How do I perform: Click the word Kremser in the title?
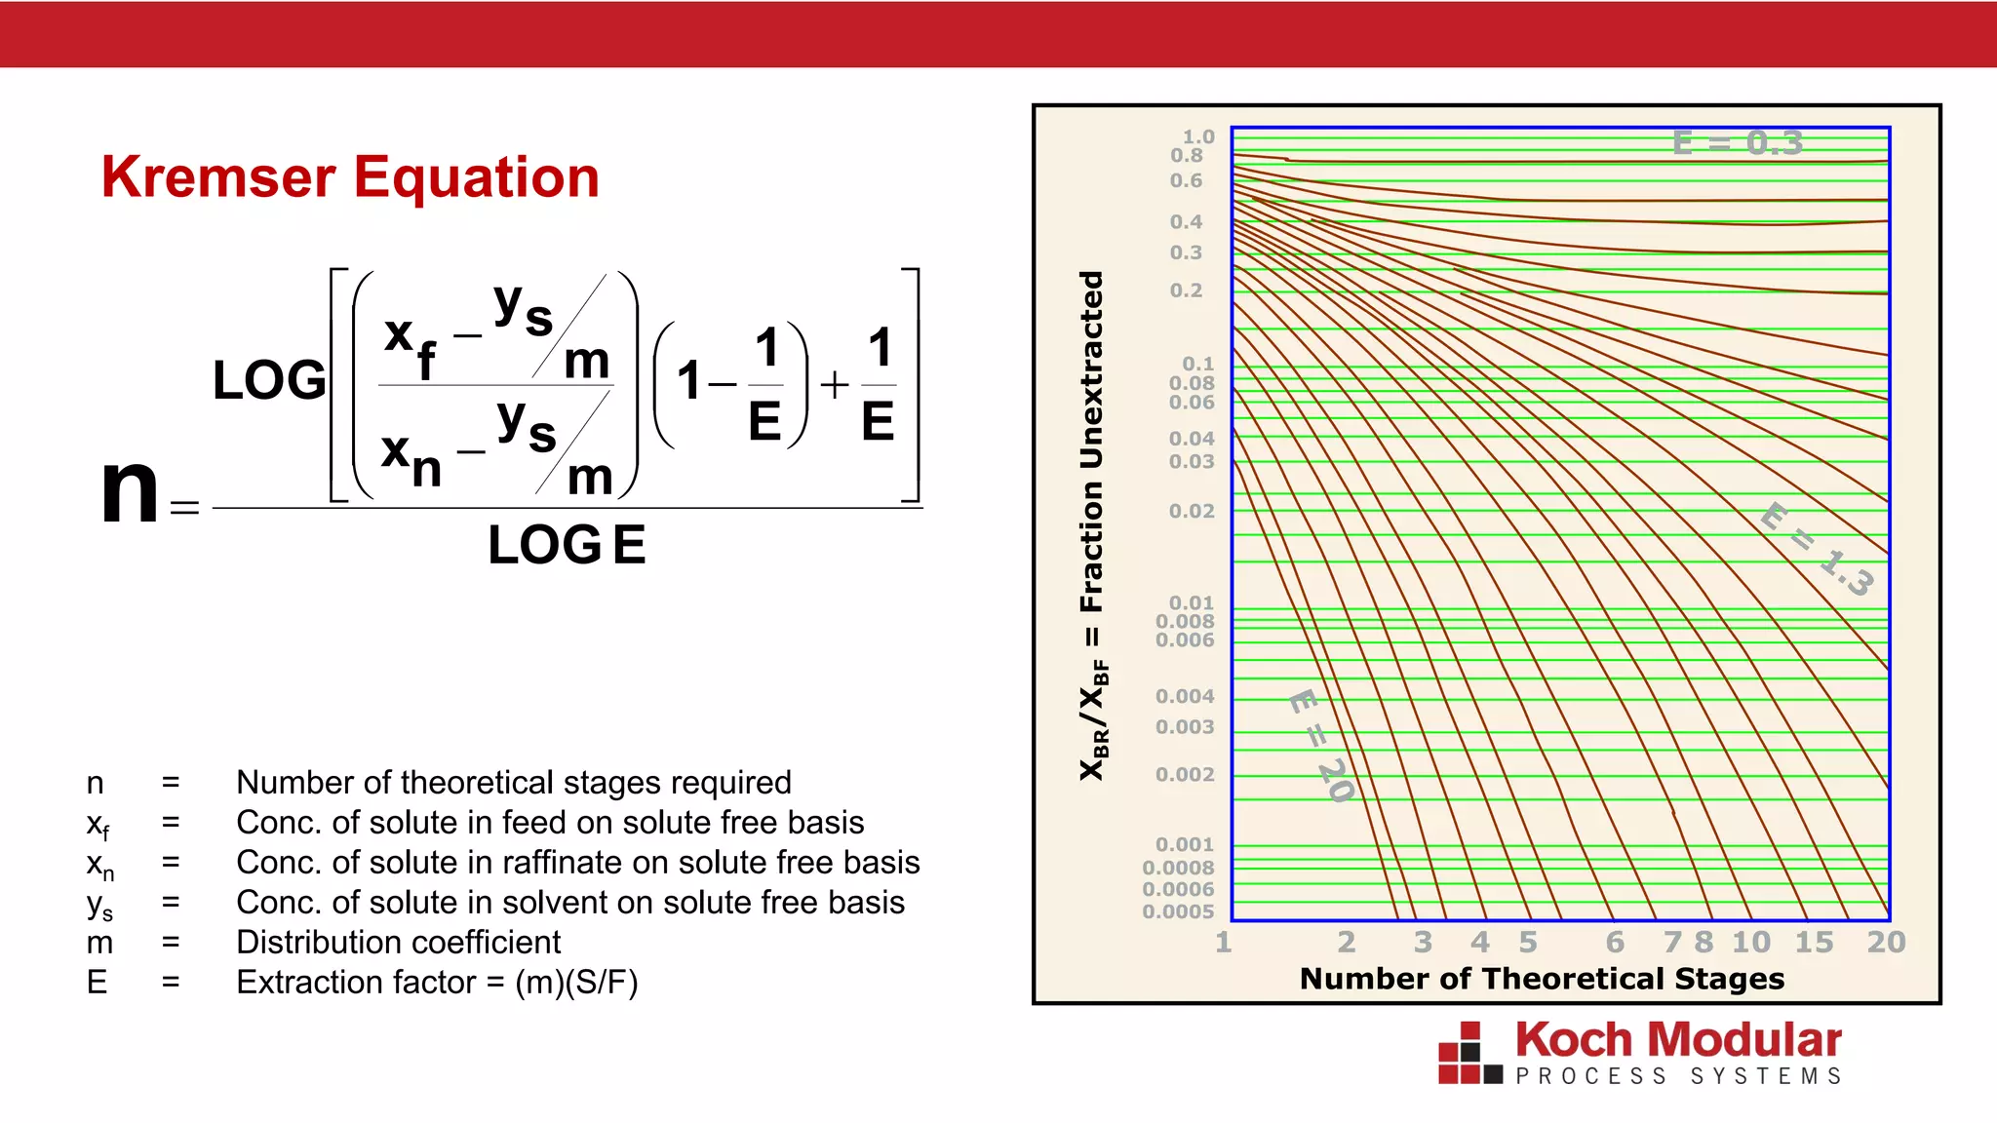click(219, 177)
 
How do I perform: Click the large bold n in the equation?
click(130, 489)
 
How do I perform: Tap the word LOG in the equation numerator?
click(269, 380)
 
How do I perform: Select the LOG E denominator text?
click(567, 544)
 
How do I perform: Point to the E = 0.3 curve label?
click(1738, 143)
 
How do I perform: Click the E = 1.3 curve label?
click(1818, 549)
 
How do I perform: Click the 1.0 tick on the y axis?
click(1198, 136)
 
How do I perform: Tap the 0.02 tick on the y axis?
click(1192, 511)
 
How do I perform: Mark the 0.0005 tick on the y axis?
click(1178, 911)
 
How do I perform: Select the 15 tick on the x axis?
click(1814, 942)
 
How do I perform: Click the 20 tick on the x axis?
click(1886, 942)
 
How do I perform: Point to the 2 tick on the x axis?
click(1347, 942)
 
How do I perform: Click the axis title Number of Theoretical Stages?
click(1542, 979)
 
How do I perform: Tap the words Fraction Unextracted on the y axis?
click(1092, 441)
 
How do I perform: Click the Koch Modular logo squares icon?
click(1469, 1054)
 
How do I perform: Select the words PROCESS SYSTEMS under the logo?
click(1678, 1076)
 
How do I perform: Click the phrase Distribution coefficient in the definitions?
click(398, 943)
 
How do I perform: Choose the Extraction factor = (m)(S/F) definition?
click(437, 983)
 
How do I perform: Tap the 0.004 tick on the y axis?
click(1185, 696)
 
